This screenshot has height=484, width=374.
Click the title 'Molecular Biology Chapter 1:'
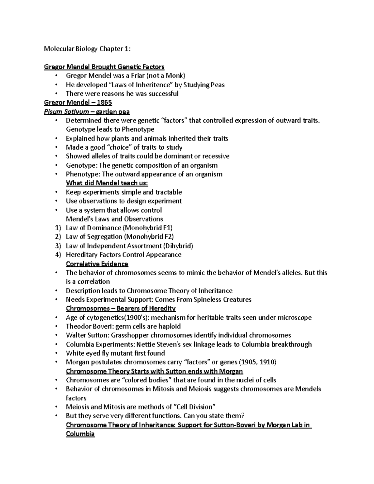pos(88,49)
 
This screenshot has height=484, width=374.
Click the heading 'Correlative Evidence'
pos(97,264)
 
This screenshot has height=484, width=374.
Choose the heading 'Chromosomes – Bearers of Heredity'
pos(121,309)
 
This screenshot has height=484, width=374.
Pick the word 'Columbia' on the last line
pos(80,434)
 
